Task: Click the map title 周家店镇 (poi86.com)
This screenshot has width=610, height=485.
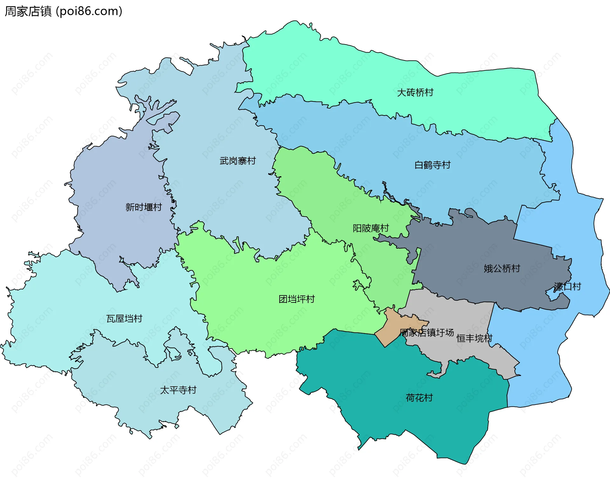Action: click(63, 11)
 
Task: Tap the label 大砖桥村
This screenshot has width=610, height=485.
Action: click(415, 93)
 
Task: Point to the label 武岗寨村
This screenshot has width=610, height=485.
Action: click(237, 161)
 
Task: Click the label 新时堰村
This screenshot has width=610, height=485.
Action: click(143, 207)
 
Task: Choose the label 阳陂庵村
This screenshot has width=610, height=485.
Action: click(370, 228)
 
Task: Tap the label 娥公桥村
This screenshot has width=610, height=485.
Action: click(502, 268)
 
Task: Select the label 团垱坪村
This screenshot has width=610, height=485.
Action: click(296, 299)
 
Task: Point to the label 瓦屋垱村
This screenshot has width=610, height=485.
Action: click(124, 318)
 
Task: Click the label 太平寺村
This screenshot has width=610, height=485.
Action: click(178, 390)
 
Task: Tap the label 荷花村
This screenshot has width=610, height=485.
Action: click(419, 398)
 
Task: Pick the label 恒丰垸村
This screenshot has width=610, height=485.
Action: click(474, 338)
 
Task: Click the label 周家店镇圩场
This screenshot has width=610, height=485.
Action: click(426, 333)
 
